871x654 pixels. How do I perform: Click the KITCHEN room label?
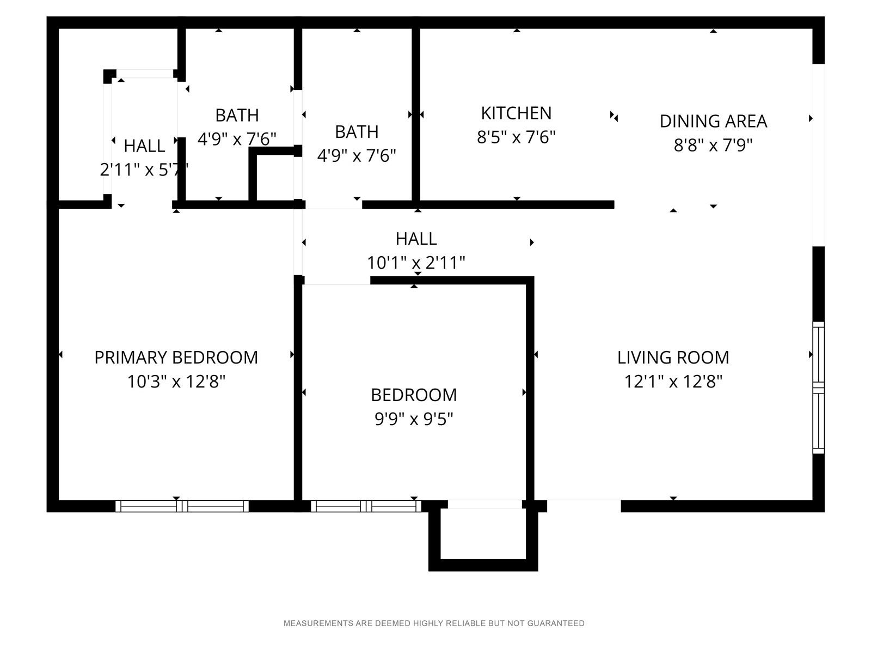[516, 113]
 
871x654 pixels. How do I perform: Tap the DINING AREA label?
[713, 122]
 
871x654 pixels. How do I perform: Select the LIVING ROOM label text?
[673, 358]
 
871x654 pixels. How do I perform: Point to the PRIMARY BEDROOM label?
[176, 358]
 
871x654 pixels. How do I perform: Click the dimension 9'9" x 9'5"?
[414, 419]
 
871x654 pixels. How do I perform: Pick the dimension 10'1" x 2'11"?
[416, 263]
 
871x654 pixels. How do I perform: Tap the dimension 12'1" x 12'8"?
[673, 381]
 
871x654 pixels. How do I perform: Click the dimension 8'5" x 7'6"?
[516, 137]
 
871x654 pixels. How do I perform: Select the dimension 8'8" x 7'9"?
[713, 146]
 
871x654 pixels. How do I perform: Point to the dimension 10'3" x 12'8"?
[176, 381]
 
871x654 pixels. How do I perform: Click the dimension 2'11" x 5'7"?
[144, 170]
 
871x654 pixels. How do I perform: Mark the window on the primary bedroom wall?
[182, 506]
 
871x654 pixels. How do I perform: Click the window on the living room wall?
[819, 387]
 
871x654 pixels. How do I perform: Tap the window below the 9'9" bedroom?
[366, 506]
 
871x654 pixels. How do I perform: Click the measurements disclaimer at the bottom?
[434, 623]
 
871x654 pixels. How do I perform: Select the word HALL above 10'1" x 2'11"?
[416, 239]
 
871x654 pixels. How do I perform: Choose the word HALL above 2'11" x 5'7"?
[144, 146]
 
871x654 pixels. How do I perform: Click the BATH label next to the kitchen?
[357, 132]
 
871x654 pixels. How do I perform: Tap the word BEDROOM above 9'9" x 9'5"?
[414, 395]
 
